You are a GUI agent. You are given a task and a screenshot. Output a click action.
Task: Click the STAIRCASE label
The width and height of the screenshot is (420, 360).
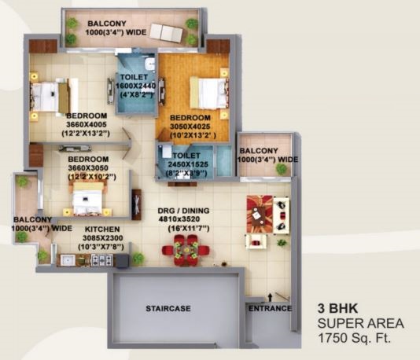tap(168, 308)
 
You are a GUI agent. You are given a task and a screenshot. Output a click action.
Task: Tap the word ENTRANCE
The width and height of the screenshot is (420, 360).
tap(270, 308)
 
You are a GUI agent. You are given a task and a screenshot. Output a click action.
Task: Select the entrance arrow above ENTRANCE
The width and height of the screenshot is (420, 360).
tap(271, 296)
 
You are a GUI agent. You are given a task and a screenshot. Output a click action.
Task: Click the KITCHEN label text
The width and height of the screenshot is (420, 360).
tap(102, 230)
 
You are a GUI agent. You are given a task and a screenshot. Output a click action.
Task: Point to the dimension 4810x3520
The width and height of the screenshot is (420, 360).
tap(179, 219)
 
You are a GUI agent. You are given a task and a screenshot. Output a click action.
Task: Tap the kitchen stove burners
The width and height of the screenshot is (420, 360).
tap(102, 260)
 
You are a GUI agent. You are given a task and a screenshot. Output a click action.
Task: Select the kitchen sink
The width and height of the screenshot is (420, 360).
tap(68, 260)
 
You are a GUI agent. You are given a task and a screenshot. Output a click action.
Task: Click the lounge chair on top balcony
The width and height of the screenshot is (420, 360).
tap(166, 33)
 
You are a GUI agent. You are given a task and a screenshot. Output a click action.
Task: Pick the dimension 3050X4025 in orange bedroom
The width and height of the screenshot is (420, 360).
tap(190, 127)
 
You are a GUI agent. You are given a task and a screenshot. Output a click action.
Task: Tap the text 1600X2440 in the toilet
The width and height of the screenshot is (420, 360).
tap(135, 86)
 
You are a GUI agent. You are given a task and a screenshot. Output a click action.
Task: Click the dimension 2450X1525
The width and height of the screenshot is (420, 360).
tap(188, 164)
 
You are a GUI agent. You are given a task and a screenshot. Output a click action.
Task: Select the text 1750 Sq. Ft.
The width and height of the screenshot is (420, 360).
tap(354, 338)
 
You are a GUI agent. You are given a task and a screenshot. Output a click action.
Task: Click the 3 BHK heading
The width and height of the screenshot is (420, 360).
tap(337, 308)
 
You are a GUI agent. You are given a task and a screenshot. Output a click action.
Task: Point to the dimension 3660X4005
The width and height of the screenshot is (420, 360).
tap(87, 125)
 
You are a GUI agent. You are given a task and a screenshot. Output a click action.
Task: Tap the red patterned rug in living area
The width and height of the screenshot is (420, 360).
tap(260, 214)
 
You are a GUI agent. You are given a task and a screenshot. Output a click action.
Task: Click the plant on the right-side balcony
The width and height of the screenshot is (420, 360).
tap(282, 169)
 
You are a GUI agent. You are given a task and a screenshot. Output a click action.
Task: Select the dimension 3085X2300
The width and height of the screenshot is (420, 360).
tap(103, 238)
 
